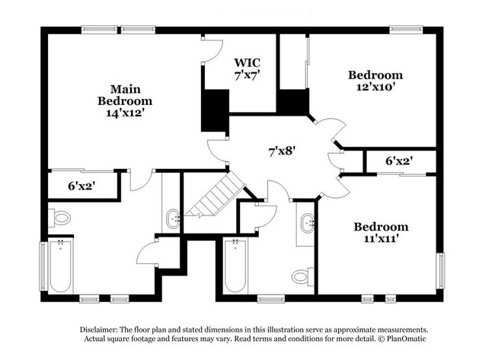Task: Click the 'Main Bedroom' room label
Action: pyautogui.click(x=124, y=94)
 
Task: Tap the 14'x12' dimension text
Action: pyautogui.click(x=125, y=112)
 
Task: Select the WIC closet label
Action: pyautogui.click(x=247, y=62)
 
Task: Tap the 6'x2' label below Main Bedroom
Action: pyautogui.click(x=81, y=185)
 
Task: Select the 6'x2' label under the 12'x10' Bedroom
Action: pyautogui.click(x=398, y=161)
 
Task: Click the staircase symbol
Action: pyautogui.click(x=215, y=196)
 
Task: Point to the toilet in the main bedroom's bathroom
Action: pyautogui.click(x=60, y=218)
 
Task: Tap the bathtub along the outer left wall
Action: pyautogui.click(x=60, y=266)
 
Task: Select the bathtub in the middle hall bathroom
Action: pyautogui.click(x=235, y=266)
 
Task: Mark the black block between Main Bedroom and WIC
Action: pyautogui.click(x=215, y=110)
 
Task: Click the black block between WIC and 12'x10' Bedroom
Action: pyautogui.click(x=292, y=102)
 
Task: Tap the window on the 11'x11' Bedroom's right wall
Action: pyautogui.click(x=440, y=271)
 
